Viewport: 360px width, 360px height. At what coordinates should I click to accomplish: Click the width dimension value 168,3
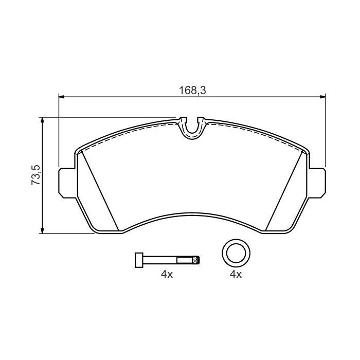click(x=192, y=89)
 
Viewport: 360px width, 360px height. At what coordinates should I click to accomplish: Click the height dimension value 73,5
click(x=35, y=175)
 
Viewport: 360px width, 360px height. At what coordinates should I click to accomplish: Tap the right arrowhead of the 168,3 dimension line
click(x=322, y=96)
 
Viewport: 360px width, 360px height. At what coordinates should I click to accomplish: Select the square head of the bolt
click(x=138, y=260)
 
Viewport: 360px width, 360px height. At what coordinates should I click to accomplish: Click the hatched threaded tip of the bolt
click(x=195, y=260)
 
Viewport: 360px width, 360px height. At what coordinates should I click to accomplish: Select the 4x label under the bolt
click(x=166, y=275)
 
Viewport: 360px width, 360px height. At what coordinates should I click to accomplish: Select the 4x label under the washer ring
click(x=235, y=275)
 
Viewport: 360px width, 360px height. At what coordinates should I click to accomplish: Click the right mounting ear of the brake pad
click(x=319, y=182)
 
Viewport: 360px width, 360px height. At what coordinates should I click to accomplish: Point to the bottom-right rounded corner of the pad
click(x=293, y=228)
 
